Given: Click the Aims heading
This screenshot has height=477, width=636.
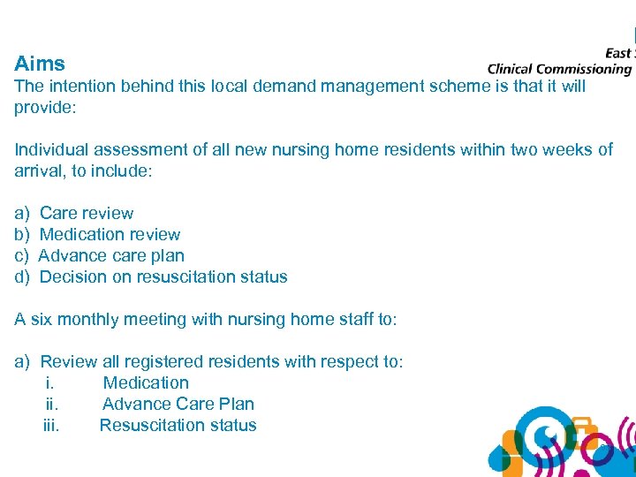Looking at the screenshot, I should [40, 64].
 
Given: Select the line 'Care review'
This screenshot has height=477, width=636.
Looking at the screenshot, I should [87, 213].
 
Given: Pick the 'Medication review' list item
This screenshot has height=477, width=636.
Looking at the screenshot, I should [110, 234].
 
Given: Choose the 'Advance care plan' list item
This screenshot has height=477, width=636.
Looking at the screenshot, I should [111, 255].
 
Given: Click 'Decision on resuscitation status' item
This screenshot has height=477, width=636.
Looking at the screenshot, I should [163, 276].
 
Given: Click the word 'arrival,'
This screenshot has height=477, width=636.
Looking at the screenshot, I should [40, 170].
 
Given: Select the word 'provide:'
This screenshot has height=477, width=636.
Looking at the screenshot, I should [45, 107].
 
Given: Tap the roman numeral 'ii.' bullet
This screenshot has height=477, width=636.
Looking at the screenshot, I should [52, 404].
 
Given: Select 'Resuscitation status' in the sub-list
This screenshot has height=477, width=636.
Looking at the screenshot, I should [178, 425].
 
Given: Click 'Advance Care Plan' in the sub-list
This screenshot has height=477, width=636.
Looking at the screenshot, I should [178, 404].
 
